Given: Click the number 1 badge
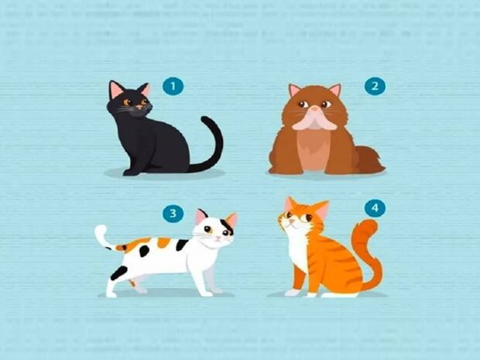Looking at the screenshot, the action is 173,87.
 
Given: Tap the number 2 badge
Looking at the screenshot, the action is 375,87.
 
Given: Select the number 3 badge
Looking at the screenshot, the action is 173,214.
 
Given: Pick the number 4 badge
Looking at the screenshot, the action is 375,208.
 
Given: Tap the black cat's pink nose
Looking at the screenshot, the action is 139,107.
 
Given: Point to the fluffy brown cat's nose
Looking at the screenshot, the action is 314,108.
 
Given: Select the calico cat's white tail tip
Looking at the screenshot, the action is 101,234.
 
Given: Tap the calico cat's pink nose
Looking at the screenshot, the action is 218,238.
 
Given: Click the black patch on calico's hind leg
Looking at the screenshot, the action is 118,273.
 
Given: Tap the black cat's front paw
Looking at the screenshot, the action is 131,173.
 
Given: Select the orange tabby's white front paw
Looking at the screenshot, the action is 293,293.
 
